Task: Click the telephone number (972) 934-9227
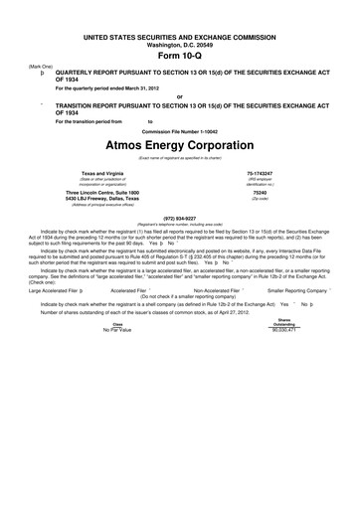179,217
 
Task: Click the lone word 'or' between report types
179,96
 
